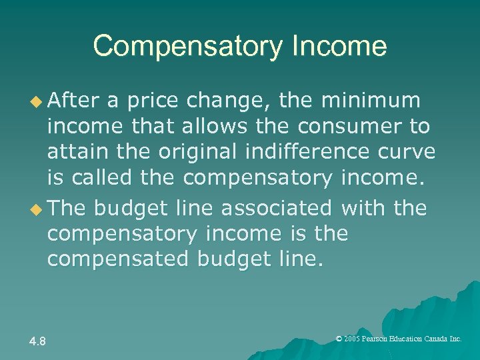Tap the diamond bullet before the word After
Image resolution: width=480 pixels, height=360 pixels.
tap(37, 101)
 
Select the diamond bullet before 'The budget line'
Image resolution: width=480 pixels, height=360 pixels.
tap(37, 209)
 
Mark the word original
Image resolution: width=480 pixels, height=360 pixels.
tap(201, 153)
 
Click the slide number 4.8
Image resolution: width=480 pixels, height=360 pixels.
tap(37, 342)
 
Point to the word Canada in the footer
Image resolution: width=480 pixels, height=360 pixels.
tap(437, 339)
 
